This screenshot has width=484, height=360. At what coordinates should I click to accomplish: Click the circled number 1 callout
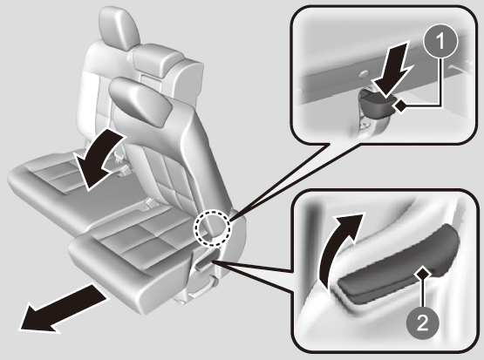(440, 41)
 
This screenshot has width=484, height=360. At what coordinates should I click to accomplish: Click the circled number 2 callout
(423, 323)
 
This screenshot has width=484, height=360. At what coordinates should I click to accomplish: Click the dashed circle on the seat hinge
(212, 228)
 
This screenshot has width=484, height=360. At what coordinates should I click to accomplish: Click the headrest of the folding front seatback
(140, 100)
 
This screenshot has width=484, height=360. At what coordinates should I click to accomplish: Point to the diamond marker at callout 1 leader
(401, 106)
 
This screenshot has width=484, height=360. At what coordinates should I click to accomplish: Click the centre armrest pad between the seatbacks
(158, 60)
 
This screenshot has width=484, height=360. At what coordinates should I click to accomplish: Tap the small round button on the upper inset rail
(364, 73)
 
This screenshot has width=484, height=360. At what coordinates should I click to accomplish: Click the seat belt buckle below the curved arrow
(124, 170)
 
